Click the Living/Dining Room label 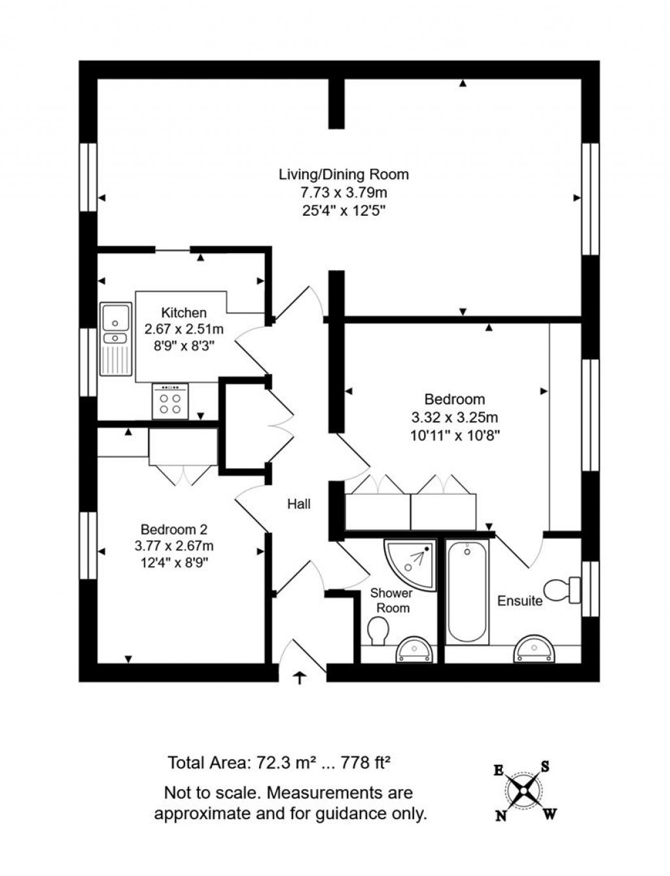pos(344,175)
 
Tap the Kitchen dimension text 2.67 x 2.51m pos(184,329)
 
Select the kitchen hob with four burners pos(170,401)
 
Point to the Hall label pos(299,504)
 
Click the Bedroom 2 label pos(174,530)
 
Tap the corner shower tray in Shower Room pos(411,563)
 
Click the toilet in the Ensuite pos(561,590)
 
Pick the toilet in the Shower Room pos(378,632)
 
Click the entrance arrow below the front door pos(300,678)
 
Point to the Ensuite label pos(520,601)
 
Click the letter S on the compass pos(544,767)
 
